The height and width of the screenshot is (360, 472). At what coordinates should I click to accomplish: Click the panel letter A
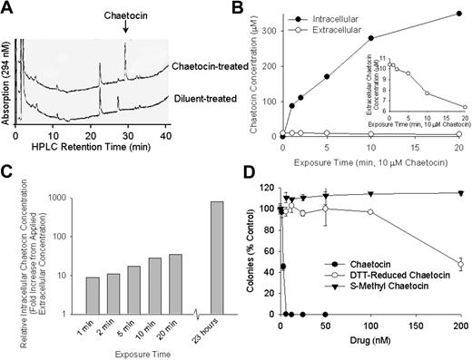[7, 8]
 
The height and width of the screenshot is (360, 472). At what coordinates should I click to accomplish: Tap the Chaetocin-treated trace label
[182, 67]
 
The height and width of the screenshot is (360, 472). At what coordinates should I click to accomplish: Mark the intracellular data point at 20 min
[458, 14]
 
